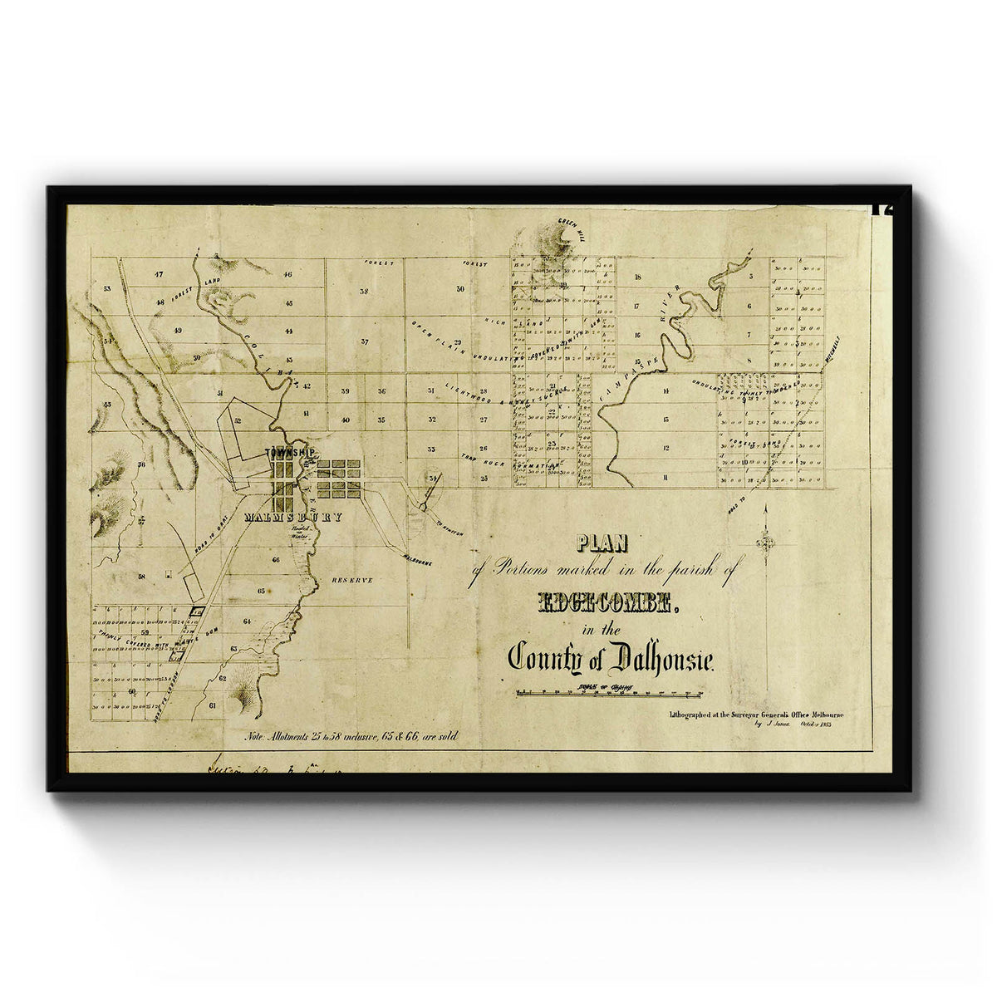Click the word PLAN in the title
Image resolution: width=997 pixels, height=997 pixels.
[x=603, y=543]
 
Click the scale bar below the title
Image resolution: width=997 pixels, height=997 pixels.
[x=609, y=690]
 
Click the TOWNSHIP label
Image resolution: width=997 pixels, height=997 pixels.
[x=289, y=453]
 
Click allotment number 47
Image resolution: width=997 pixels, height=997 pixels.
[x=159, y=273]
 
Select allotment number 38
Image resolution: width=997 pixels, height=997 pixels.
[x=364, y=292]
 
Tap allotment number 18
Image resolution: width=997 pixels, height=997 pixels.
[x=637, y=277]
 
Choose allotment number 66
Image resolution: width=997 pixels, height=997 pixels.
[x=275, y=560]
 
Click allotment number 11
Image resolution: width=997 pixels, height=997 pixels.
[x=666, y=478]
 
